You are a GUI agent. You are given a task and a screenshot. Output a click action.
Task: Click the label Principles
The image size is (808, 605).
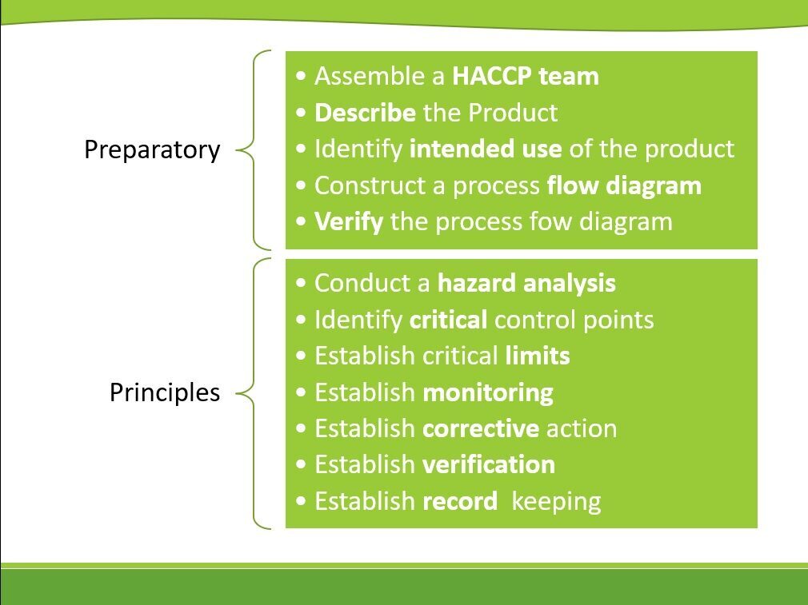[x=165, y=393]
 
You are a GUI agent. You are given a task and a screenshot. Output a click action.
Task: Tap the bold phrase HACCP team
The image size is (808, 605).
[x=526, y=76]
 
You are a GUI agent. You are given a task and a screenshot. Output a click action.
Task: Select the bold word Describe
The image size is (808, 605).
[x=365, y=113]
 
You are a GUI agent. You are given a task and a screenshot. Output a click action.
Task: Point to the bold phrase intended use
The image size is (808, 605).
[x=486, y=149]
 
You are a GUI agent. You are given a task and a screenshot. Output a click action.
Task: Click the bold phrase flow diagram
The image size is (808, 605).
[x=624, y=186]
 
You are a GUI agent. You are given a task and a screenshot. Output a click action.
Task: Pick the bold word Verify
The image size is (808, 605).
[x=349, y=222]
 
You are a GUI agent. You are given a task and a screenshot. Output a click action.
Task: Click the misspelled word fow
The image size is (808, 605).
[x=550, y=222]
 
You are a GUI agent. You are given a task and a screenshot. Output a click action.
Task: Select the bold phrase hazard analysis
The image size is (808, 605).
[x=526, y=284]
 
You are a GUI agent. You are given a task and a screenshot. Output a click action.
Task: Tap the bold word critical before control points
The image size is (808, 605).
[x=448, y=320]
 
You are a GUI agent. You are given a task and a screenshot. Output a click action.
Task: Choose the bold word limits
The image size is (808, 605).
[x=538, y=356]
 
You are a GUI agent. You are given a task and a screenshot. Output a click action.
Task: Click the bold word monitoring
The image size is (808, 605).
[x=488, y=393]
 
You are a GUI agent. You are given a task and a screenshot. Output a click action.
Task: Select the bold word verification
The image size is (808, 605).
[x=489, y=465]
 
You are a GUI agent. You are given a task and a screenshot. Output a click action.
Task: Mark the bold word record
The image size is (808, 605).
[x=460, y=502]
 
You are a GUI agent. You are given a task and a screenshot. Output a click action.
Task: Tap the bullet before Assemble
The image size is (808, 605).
[x=302, y=77]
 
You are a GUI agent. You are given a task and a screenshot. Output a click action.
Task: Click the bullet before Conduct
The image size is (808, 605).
[x=302, y=284]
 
